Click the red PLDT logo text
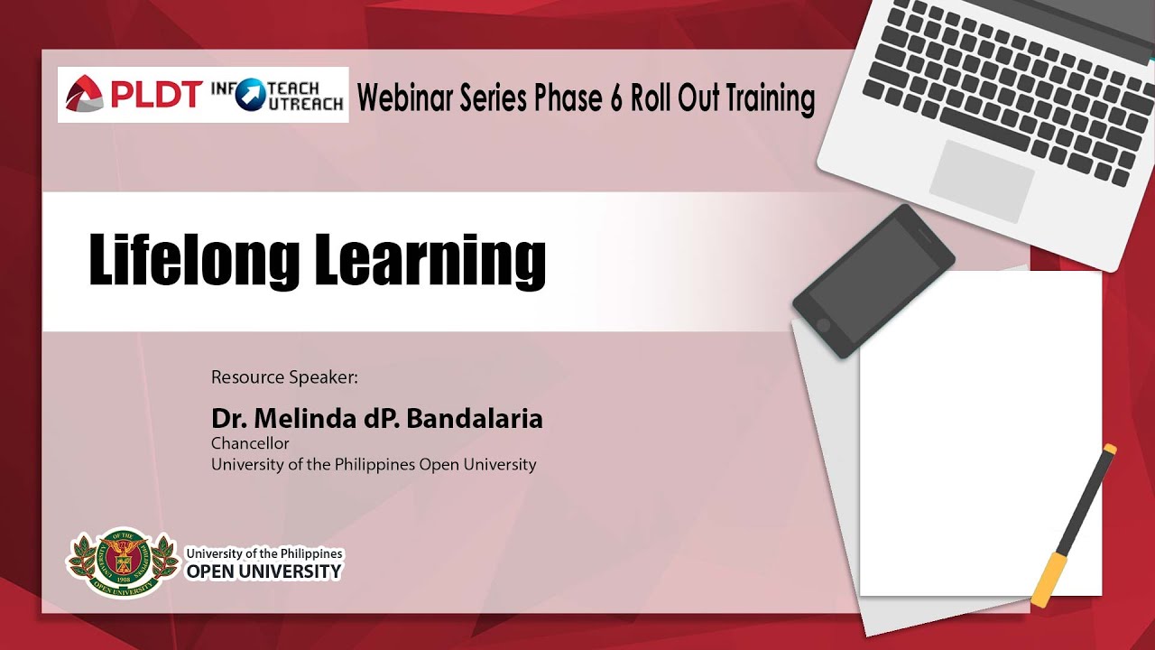[155, 95]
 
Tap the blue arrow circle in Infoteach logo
[251, 95]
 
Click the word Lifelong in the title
[194, 261]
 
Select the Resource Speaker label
[284, 377]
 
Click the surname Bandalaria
[475, 419]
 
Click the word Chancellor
[250, 443]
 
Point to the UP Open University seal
[122, 563]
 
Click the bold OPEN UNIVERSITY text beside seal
[264, 571]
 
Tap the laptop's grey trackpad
[981, 181]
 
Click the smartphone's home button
[824, 325]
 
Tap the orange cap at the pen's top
[1109, 450]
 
